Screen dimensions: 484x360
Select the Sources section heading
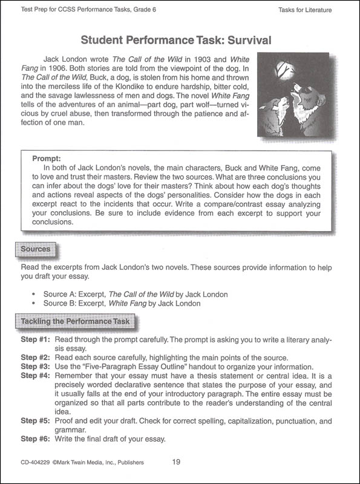[35, 249]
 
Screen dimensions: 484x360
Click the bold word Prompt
[47, 154]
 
